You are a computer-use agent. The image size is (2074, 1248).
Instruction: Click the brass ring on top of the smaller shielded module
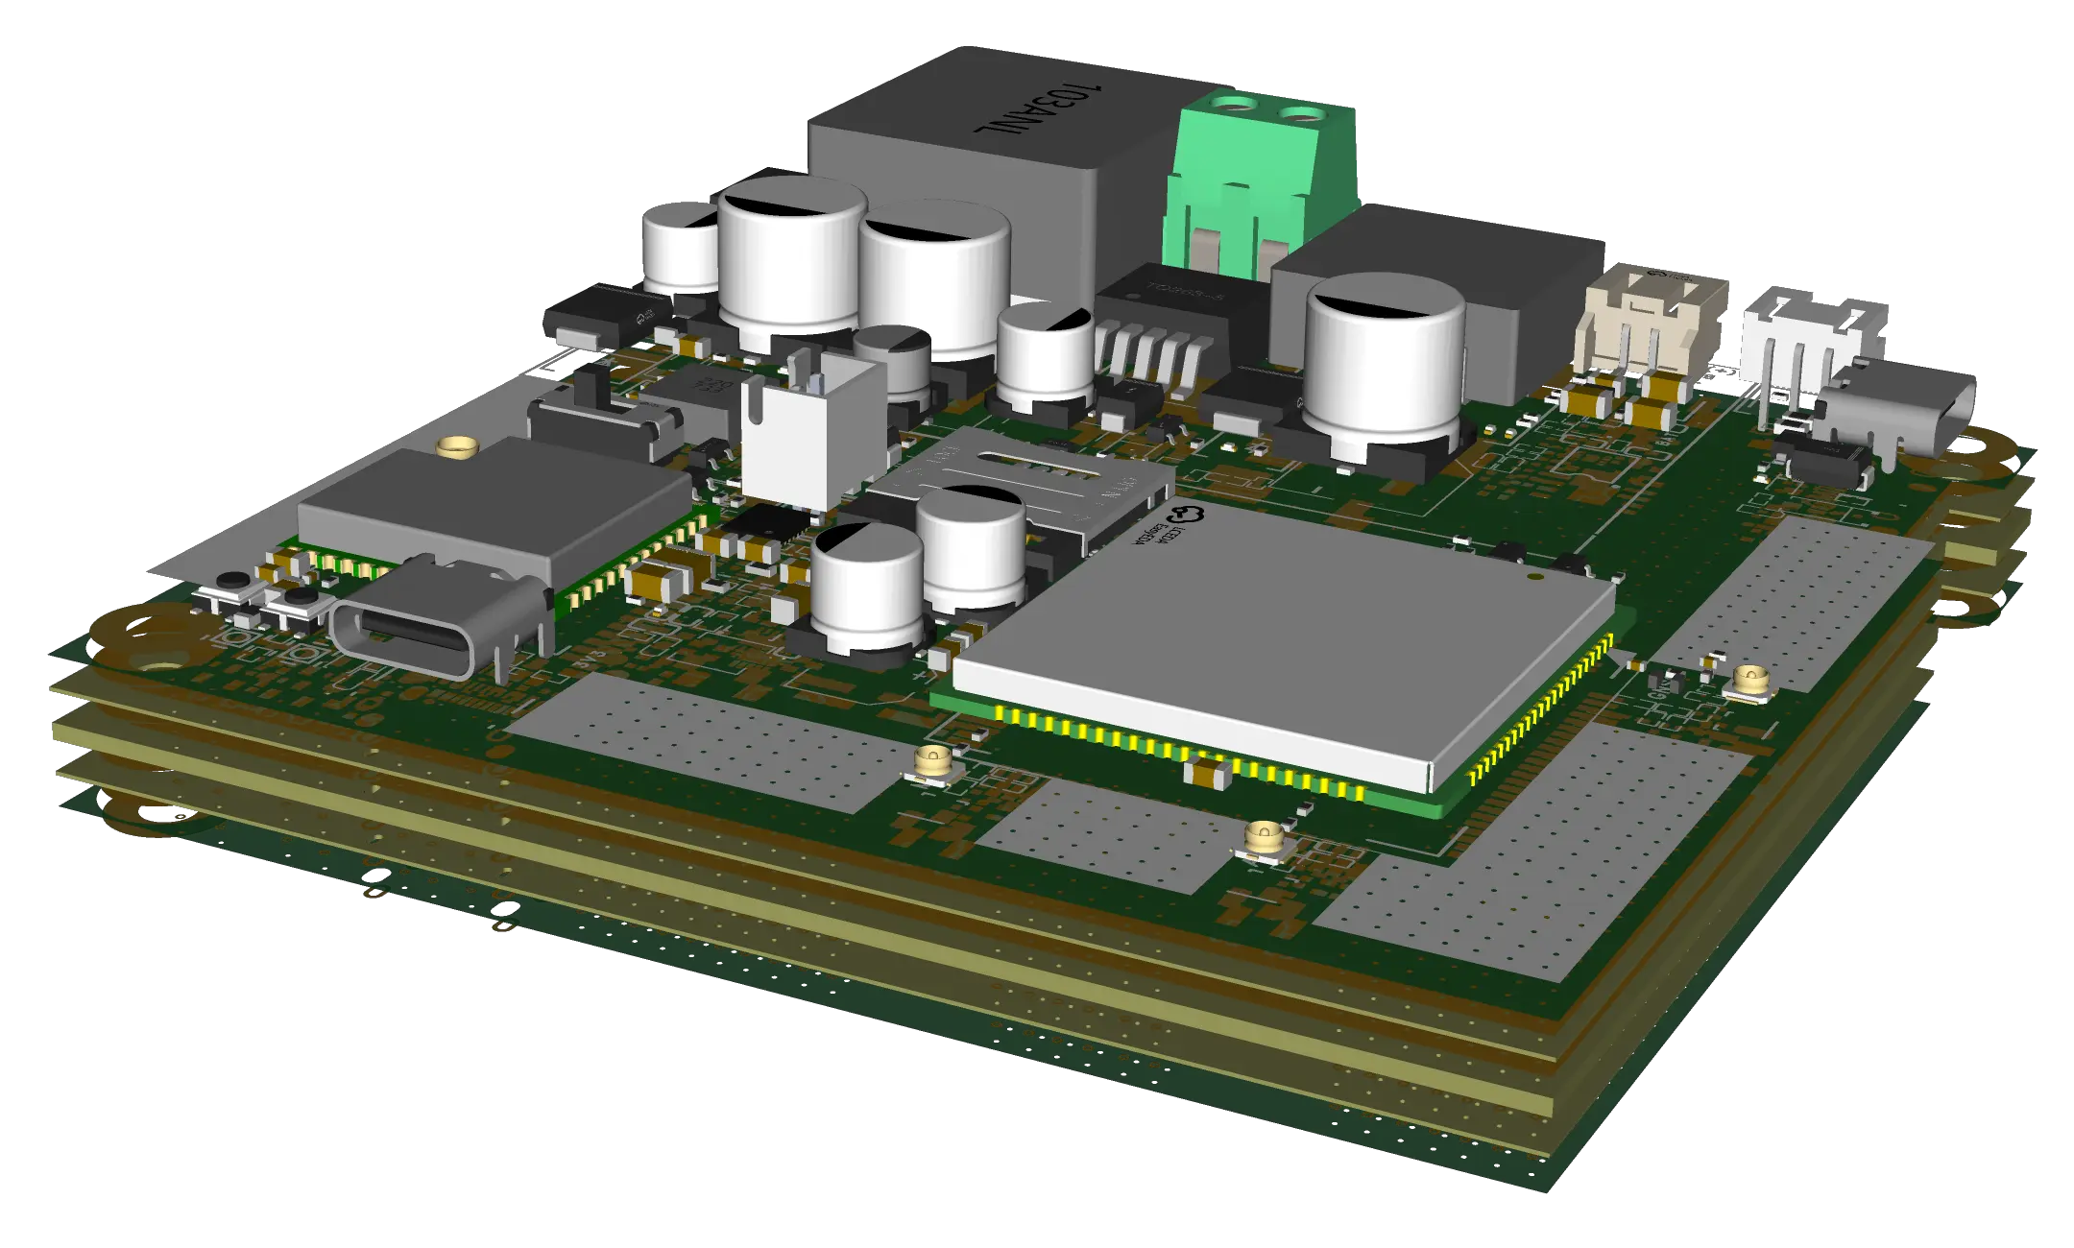[x=457, y=445]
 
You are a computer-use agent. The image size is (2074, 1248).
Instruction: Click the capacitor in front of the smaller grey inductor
[x=1383, y=360]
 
